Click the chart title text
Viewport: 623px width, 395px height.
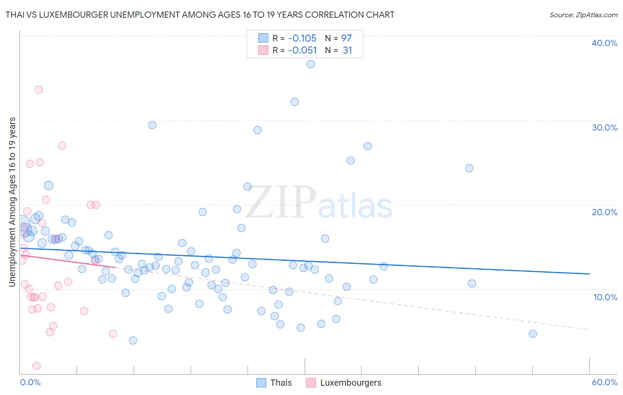click(x=200, y=15)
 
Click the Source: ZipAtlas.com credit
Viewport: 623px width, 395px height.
click(x=583, y=15)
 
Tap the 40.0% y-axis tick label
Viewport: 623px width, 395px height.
click(x=604, y=43)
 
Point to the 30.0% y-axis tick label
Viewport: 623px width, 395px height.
click(x=604, y=128)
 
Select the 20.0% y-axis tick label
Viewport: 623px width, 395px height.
click(x=604, y=212)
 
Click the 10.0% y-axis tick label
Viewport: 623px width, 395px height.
click(x=605, y=297)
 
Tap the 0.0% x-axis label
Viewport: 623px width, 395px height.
click(x=30, y=382)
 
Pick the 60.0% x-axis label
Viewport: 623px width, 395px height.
click(x=604, y=382)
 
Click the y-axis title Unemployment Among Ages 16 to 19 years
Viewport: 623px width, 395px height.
click(x=12, y=202)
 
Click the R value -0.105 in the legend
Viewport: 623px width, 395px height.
click(x=302, y=39)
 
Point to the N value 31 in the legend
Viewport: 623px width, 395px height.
click(x=347, y=50)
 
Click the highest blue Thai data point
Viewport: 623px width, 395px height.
click(x=311, y=64)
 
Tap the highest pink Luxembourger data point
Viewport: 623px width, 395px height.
click(x=39, y=89)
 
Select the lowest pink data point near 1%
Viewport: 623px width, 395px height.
click(x=37, y=366)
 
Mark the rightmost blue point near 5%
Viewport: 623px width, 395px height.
click(x=533, y=334)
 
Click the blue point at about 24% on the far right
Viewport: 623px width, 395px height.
click(x=469, y=168)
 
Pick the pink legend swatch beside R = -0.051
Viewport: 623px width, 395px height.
click(x=263, y=50)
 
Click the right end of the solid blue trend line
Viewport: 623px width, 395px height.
click(x=589, y=274)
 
